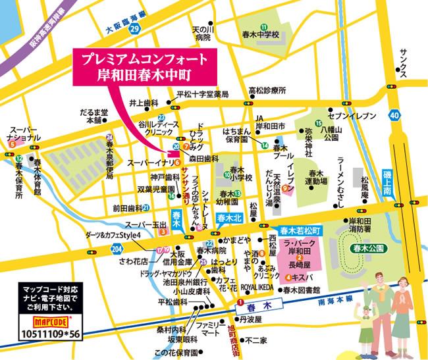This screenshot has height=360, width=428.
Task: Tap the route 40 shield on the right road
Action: (394, 116)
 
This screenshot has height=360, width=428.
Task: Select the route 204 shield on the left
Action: (117, 249)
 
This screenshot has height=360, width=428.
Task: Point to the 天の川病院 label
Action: (201, 34)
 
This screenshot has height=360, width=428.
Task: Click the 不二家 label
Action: (255, 341)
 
